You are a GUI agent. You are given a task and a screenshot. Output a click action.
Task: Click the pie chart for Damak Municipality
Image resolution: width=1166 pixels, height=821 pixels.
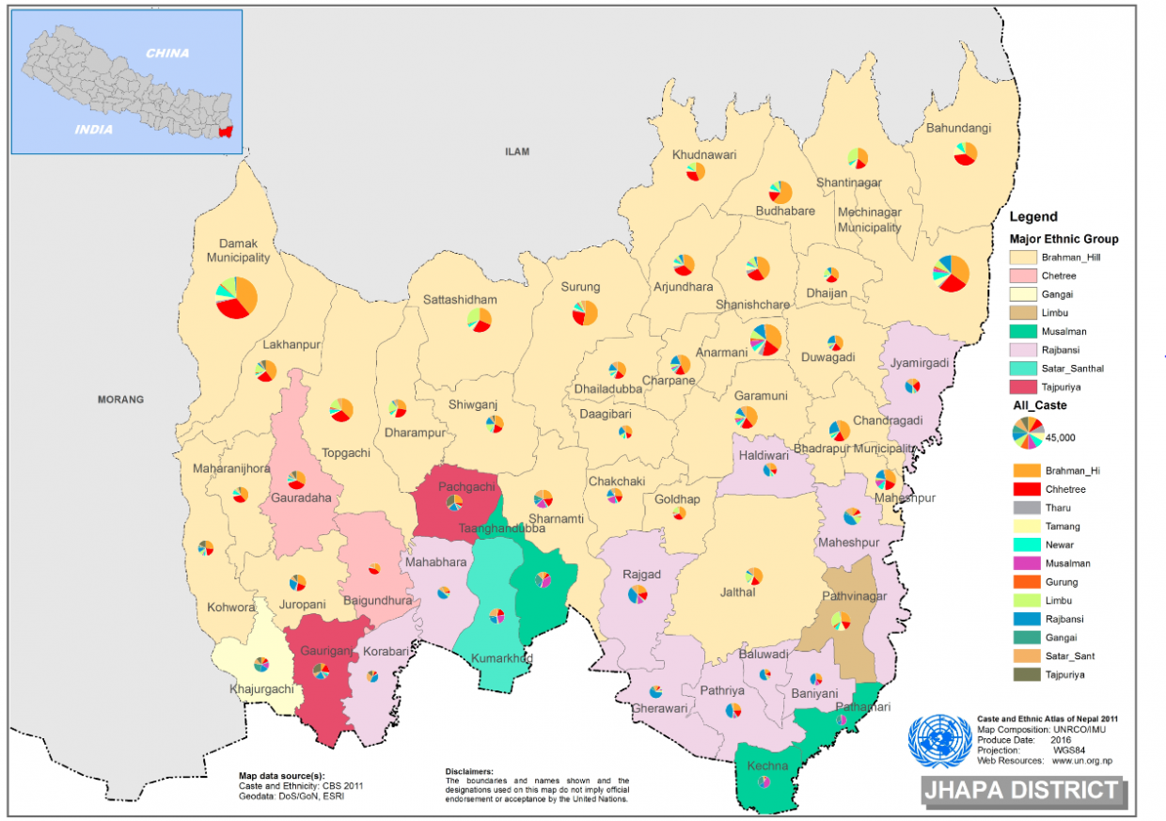tap(236, 297)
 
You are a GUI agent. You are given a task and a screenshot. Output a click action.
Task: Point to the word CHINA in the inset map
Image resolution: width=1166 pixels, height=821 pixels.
tap(166, 54)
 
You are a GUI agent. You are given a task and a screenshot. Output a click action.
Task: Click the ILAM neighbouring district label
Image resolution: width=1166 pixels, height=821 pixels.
tap(517, 150)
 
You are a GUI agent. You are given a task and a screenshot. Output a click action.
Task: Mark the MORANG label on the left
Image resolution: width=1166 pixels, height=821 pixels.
tap(120, 400)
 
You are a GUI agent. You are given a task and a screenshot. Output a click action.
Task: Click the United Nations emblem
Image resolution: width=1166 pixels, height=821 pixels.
tap(939, 741)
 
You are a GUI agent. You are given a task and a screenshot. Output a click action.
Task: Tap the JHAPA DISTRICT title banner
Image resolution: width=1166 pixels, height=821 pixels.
tap(1022, 791)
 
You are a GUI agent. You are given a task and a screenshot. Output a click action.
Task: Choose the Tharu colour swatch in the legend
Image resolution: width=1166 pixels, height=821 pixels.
tap(1027, 508)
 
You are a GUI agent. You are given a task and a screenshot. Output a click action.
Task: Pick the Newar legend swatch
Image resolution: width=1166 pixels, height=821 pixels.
tap(1027, 545)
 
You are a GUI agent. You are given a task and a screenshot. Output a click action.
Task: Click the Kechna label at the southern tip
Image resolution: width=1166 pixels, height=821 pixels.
tap(768, 766)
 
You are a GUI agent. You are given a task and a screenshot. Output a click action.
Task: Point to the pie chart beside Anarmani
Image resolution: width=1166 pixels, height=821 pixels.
tap(765, 339)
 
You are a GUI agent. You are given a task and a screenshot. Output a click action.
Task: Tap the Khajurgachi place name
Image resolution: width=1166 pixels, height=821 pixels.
tap(261, 689)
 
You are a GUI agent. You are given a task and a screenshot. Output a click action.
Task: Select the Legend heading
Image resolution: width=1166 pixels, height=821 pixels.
tap(1032, 216)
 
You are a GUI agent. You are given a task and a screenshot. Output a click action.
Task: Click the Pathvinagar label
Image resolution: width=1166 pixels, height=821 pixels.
tap(854, 597)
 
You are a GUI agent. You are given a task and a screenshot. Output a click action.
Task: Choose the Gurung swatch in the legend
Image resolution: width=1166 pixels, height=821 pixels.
tap(1027, 582)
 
